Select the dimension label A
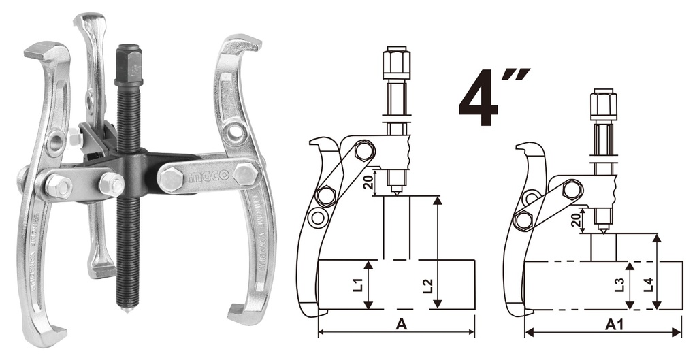click(402, 325)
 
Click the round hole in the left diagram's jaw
click(317, 218)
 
